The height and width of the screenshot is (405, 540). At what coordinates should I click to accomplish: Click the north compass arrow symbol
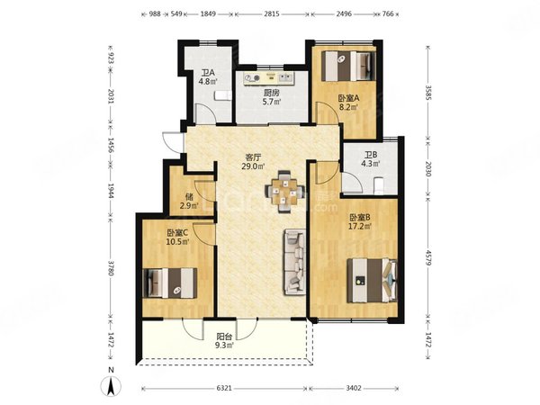111,386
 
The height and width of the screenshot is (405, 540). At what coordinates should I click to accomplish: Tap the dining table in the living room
284,192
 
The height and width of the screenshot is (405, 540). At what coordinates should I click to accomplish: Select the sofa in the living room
295,262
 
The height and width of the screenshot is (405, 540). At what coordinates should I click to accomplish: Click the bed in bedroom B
372,281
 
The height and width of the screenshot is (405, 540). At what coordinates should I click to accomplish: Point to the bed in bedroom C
170,283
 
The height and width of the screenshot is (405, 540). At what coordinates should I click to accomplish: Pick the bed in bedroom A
348,66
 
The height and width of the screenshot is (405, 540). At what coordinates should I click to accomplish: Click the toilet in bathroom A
222,95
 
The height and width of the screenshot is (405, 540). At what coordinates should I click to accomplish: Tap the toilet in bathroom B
379,186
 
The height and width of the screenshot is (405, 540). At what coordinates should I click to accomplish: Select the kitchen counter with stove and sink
268,78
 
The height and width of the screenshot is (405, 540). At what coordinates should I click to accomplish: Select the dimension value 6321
224,388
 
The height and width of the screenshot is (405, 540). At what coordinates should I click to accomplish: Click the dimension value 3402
354,388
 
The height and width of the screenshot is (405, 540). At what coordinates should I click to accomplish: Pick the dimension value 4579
428,257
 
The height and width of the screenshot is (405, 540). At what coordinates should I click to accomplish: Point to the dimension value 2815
272,14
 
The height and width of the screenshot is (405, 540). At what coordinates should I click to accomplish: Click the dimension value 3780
111,267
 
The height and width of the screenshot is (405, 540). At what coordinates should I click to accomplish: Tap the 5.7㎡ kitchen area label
272,102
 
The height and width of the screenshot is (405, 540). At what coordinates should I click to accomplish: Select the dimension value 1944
111,191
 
